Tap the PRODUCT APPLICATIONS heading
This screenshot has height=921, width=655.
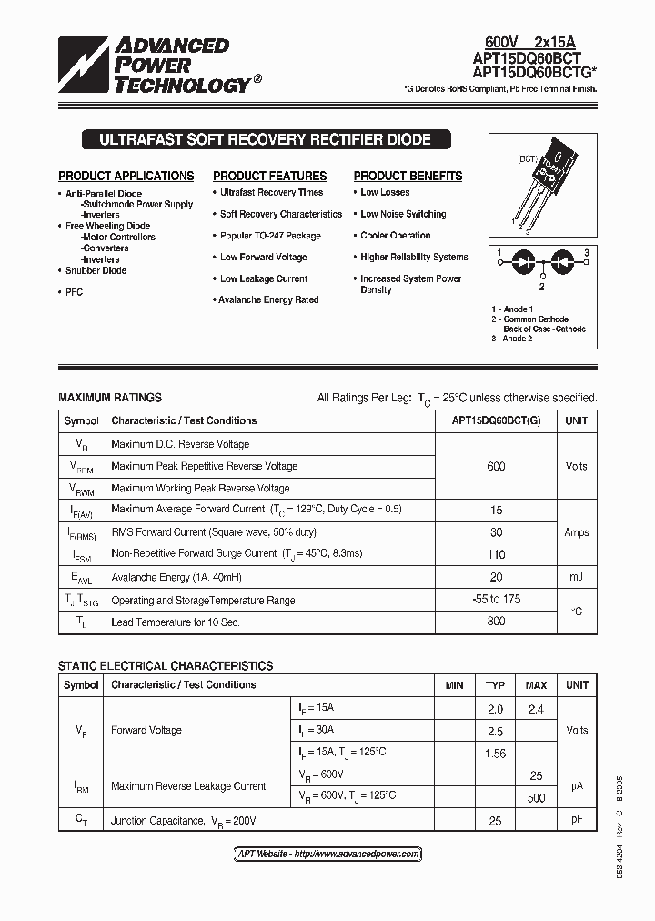(x=126, y=177)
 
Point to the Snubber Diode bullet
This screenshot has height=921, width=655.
(x=96, y=271)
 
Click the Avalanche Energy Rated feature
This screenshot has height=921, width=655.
(x=269, y=300)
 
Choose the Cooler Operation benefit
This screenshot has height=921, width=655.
(x=396, y=236)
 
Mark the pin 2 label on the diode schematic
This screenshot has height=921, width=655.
(x=541, y=286)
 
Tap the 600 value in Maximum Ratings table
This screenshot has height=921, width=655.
(x=496, y=467)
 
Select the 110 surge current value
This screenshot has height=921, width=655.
(x=496, y=554)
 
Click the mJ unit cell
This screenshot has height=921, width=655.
(x=577, y=577)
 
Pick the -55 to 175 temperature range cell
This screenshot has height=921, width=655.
(x=496, y=601)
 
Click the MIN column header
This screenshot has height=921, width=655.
(x=454, y=685)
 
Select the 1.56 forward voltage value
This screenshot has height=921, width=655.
(x=496, y=754)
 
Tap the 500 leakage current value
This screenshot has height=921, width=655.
(x=536, y=798)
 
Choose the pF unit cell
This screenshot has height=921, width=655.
(x=577, y=820)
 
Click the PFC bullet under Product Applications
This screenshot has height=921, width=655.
(x=75, y=292)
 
